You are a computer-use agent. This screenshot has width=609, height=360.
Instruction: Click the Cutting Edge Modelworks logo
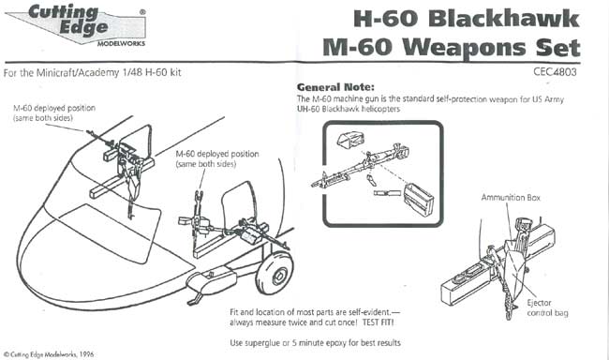76,25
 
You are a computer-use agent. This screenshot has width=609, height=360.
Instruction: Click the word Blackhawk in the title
504,18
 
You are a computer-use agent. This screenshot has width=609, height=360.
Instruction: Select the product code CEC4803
555,71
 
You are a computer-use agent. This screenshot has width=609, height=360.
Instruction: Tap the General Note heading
335,87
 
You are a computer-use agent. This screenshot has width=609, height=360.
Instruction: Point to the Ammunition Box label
511,198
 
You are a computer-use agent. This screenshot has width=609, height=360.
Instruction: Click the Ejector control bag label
547,307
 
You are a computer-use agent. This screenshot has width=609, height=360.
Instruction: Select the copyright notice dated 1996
49,354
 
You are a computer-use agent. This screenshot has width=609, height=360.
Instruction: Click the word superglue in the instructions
261,343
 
